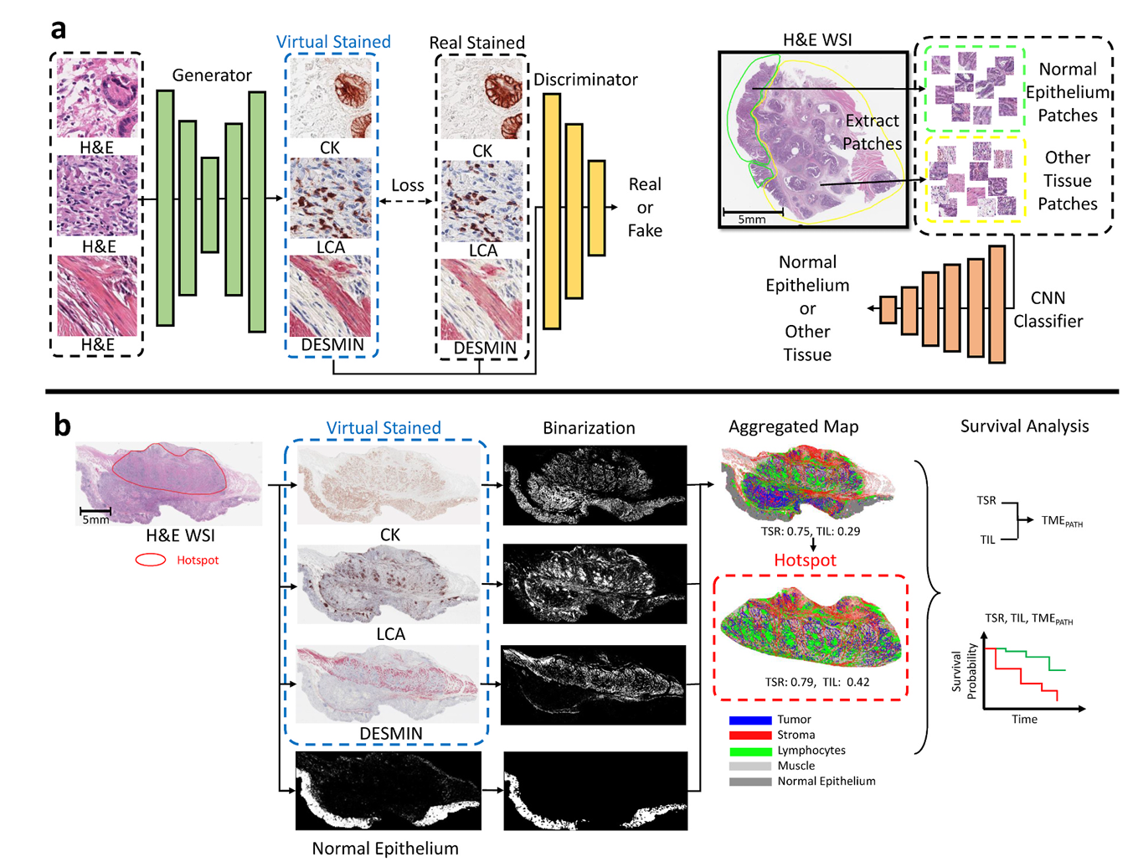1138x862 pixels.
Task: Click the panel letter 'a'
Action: click(59, 29)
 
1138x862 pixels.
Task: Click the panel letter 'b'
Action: click(62, 426)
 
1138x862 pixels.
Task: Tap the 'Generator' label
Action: click(212, 75)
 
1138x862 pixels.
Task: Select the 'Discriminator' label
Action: click(585, 80)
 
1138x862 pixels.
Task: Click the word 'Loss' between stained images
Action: click(408, 185)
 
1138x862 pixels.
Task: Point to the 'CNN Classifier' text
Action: click(1048, 309)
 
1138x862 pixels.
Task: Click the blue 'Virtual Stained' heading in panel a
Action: click(333, 42)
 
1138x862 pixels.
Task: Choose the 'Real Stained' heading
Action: click(476, 43)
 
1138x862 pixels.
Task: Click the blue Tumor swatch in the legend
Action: click(749, 720)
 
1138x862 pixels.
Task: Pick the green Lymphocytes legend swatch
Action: click(749, 751)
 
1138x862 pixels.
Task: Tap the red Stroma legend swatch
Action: click(749, 735)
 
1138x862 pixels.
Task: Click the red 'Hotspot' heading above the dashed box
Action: click(805, 560)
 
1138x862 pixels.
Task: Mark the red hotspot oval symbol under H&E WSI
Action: click(151, 560)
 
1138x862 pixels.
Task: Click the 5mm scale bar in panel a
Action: click(752, 211)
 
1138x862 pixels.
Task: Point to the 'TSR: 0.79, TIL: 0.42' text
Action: click(816, 682)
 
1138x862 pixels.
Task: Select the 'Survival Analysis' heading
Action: click(1024, 426)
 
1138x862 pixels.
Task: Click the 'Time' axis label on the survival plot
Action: click(1024, 719)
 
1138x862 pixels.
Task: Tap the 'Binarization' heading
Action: click(589, 428)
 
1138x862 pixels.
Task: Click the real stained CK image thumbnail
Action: click(482, 99)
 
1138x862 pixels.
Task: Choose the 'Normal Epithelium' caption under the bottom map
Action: click(385, 849)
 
